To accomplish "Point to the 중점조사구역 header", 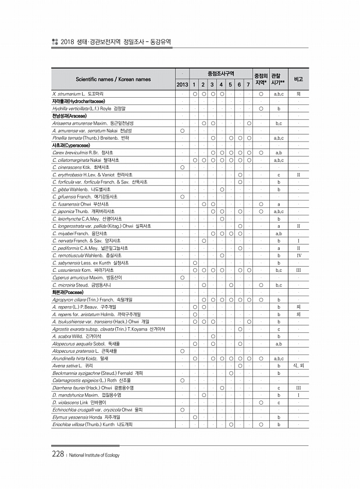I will pos(221,73).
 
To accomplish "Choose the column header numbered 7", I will pos(248,85).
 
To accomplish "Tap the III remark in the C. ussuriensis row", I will pos(298,271).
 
